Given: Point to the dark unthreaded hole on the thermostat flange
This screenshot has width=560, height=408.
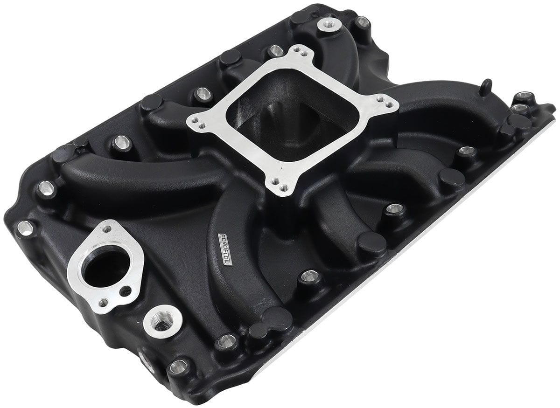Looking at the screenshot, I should click(125, 291).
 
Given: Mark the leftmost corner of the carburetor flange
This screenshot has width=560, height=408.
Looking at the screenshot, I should click(196, 123).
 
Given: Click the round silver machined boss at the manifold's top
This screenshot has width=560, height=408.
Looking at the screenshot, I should click(329, 24).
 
